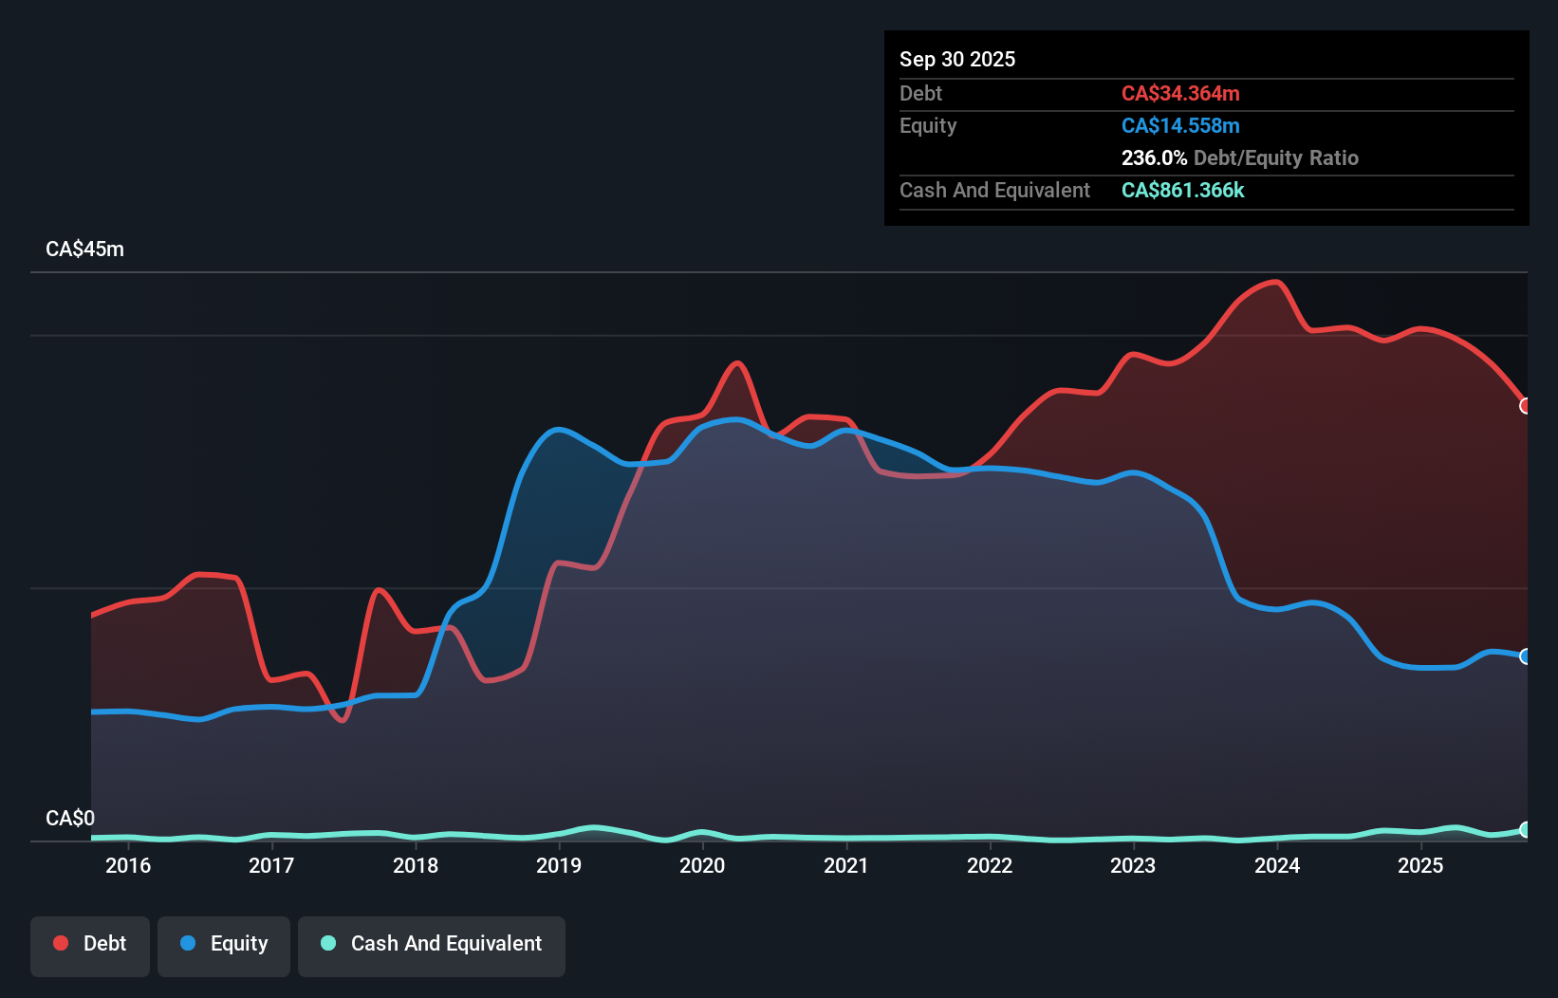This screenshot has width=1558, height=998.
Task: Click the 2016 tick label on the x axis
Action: [x=128, y=865]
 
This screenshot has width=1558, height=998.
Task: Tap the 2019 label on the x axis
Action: [x=559, y=865]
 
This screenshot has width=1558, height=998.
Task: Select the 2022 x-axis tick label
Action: [x=990, y=865]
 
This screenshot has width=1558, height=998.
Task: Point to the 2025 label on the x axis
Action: [x=1420, y=865]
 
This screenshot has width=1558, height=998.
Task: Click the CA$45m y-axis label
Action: [x=84, y=249]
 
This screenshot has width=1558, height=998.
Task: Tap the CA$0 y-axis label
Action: [x=70, y=818]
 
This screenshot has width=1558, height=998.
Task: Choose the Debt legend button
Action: [x=90, y=944]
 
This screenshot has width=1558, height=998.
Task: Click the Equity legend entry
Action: [x=224, y=944]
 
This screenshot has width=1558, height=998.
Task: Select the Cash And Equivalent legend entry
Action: [x=432, y=944]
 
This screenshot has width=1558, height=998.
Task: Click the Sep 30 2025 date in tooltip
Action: [x=956, y=59]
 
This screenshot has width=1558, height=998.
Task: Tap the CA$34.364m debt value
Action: [x=1180, y=93]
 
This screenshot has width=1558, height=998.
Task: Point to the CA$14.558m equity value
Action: [x=1180, y=125]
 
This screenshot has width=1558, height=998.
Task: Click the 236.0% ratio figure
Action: [x=1154, y=157]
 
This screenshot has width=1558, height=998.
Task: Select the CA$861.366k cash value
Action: [x=1182, y=190]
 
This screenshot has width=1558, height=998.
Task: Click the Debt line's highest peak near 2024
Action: [x=1276, y=282]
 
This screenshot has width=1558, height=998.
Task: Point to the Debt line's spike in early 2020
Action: [x=737, y=363]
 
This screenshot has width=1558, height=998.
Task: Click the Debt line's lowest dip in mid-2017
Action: [x=343, y=720]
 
